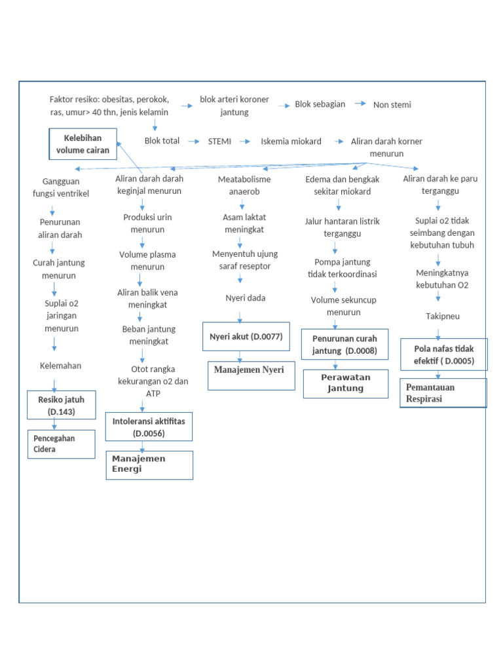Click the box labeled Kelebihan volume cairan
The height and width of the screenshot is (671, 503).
83,144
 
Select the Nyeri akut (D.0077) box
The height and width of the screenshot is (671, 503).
246,337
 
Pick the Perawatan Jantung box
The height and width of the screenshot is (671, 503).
345,383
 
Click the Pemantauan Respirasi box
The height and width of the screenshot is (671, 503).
443,393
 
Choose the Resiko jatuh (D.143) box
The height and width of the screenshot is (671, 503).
61,405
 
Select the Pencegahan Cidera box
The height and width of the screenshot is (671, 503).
61,444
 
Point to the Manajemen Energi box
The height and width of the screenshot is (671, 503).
149,465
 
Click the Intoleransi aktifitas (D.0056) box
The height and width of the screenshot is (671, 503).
149,427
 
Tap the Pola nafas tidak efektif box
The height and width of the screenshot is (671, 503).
443,355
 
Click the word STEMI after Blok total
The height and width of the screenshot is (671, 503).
219,141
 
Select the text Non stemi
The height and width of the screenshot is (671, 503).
392,104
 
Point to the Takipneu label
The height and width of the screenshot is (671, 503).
443,316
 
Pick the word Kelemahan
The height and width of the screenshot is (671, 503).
60,366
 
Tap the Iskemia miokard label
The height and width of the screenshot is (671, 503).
291,141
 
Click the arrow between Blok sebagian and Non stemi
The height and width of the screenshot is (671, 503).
360,104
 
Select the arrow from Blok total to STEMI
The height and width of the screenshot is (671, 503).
193,141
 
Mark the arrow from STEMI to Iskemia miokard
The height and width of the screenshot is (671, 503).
245,141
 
